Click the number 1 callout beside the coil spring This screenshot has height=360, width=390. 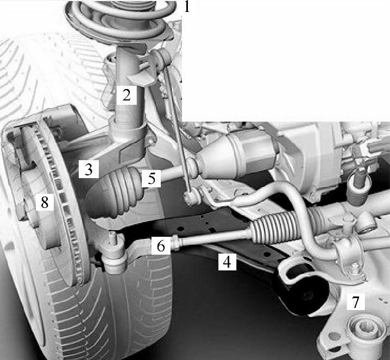(187, 7)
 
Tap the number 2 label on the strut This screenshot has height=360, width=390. (127, 95)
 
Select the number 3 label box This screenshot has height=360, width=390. (89, 169)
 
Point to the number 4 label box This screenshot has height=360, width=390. (227, 262)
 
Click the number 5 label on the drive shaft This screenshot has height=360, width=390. (151, 178)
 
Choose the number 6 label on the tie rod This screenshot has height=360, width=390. (161, 245)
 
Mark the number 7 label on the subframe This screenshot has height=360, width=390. (356, 301)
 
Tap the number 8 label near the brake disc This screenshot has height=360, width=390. (45, 202)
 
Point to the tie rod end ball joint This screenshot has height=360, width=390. (115, 254)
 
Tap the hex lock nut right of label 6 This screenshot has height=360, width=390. (175, 243)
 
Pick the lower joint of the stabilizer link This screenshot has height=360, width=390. (192, 197)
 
